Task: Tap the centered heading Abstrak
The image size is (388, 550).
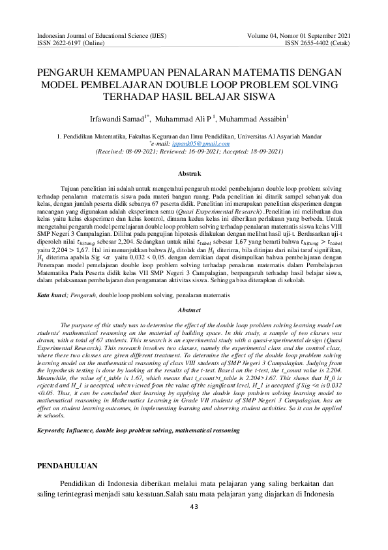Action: pos(194,174)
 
